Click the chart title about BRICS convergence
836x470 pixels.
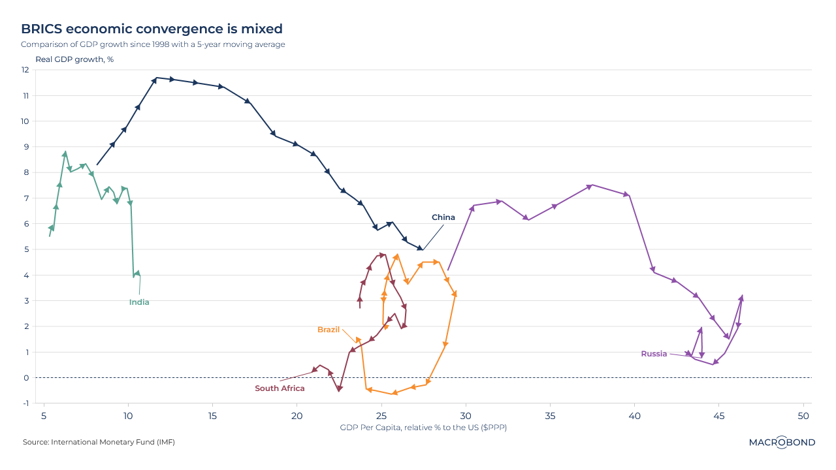[152, 29]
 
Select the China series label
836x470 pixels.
[443, 217]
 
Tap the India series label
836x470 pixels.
[139, 302]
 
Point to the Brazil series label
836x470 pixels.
[329, 330]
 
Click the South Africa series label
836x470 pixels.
[280, 388]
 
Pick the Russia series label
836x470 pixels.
[654, 354]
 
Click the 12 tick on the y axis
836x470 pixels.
[26, 70]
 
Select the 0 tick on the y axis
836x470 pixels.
[27, 378]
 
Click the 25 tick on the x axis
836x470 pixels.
[381, 416]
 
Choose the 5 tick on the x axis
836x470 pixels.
[44, 416]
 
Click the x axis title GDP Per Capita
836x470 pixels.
[423, 428]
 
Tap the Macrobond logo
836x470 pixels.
[782, 442]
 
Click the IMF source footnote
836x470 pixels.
[99, 442]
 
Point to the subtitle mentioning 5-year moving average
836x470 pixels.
[153, 44]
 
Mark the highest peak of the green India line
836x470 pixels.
[65, 153]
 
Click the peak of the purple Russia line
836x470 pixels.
[591, 185]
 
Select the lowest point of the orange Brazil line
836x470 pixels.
[394, 394]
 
